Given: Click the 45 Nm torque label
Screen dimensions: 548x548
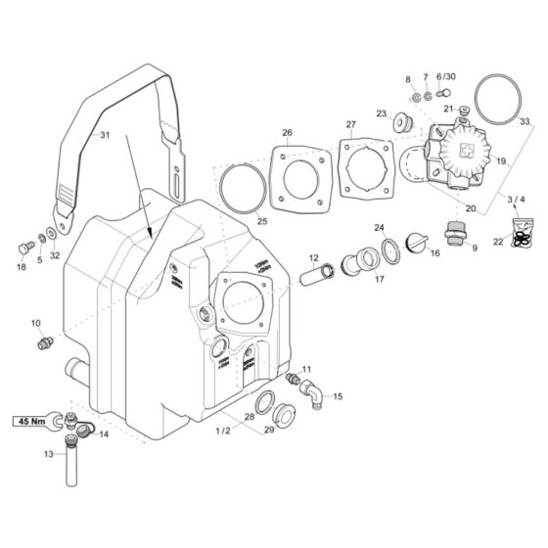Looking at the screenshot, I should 29,422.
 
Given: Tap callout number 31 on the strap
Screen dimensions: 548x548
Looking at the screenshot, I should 106,136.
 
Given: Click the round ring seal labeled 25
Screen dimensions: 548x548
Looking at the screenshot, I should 238,185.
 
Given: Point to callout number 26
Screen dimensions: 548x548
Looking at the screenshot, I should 288,133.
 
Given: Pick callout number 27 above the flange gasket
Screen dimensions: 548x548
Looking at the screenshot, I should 349,124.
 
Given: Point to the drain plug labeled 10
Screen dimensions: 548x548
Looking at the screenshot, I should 42,342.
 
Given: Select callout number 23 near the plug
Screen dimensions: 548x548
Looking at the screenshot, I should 381,114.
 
